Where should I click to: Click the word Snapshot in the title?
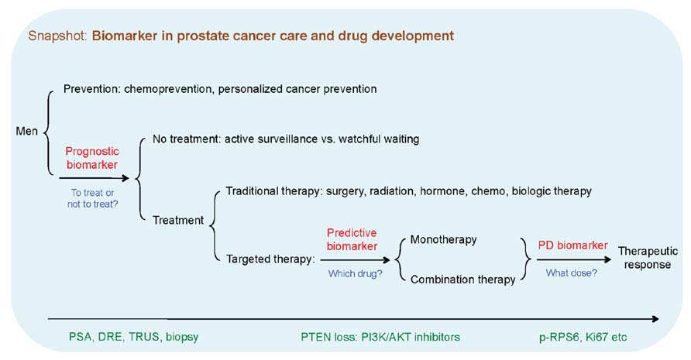click(x=57, y=36)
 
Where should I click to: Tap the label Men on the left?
click(x=27, y=131)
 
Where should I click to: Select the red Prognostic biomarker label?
click(x=92, y=158)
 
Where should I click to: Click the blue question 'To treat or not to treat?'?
click(x=92, y=198)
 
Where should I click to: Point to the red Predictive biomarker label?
click(x=352, y=239)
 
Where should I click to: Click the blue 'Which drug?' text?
click(x=356, y=273)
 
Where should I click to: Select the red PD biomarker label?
click(x=573, y=245)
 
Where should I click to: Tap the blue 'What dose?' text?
click(x=572, y=273)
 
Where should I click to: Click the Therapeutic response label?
click(x=648, y=258)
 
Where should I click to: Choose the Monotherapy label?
click(x=443, y=240)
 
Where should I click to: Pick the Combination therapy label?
click(x=462, y=279)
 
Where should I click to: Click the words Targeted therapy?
click(x=269, y=259)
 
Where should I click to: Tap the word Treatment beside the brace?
click(x=178, y=220)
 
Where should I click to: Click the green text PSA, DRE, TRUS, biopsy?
click(x=133, y=337)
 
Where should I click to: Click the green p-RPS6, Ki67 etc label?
click(x=583, y=337)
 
